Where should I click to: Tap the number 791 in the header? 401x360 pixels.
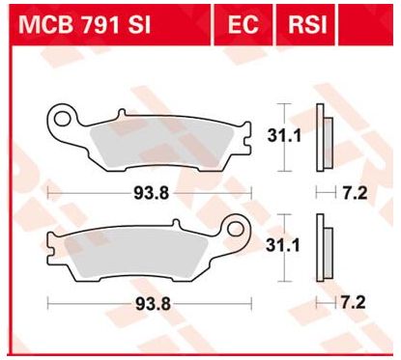103,24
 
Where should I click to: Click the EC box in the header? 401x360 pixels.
244,24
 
